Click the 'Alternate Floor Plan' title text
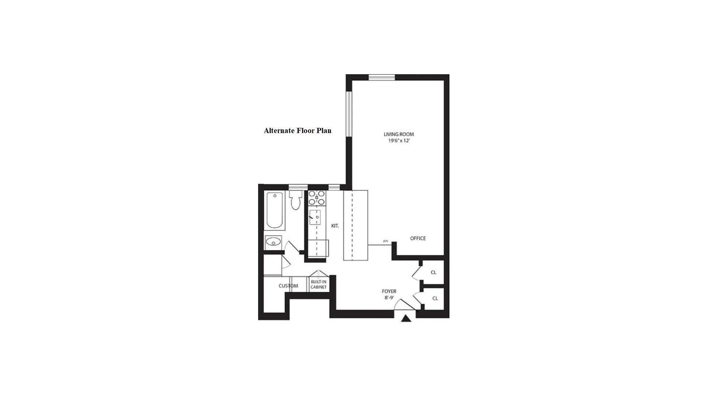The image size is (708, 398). [x=298, y=131]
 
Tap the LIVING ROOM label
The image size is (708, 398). [x=399, y=135]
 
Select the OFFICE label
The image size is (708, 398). [x=418, y=238]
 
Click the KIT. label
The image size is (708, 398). [x=335, y=226]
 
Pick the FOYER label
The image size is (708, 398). [x=389, y=291]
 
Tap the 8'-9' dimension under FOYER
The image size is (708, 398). [x=389, y=298]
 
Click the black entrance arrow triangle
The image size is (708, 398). [x=406, y=319]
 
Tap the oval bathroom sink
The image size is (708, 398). [x=273, y=242]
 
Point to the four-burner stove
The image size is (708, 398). [x=317, y=198]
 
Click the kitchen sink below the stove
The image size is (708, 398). [x=315, y=218]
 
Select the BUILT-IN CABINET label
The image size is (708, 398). [x=319, y=284]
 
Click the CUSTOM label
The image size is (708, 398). [x=288, y=286]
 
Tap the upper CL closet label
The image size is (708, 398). [x=433, y=272]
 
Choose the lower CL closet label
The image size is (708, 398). [x=435, y=298]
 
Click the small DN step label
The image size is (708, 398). [x=386, y=241]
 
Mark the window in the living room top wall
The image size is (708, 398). [x=382, y=77]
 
